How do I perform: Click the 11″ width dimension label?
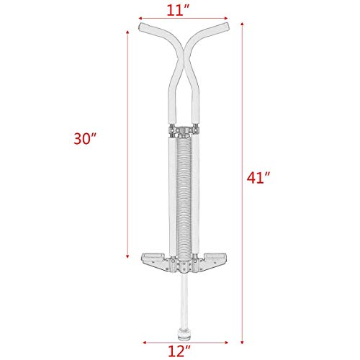coord(180,10)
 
